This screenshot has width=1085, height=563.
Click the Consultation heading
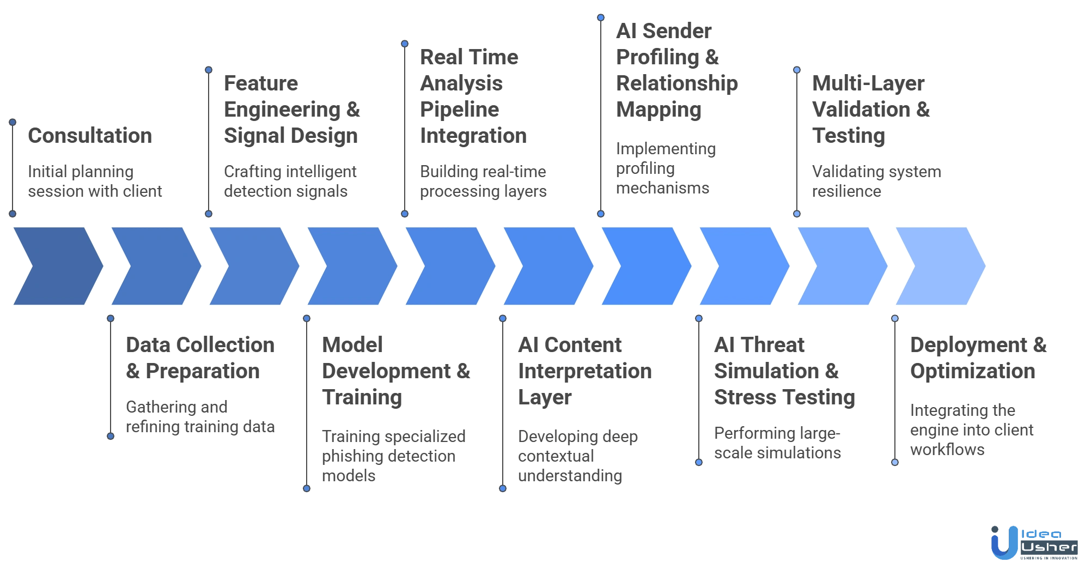click(x=89, y=136)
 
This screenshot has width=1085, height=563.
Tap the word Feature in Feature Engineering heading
click(x=261, y=84)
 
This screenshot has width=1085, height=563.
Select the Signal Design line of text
click(x=289, y=136)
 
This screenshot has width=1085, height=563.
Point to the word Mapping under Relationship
click(x=657, y=110)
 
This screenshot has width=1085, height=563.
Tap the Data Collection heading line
click(x=200, y=345)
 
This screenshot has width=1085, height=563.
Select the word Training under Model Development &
click(x=363, y=397)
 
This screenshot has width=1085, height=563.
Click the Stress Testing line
click(x=786, y=397)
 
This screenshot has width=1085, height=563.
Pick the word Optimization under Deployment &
click(x=973, y=371)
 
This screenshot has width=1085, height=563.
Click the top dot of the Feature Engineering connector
click(x=209, y=70)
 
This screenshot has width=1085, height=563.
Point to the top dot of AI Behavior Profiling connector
click(x=601, y=17)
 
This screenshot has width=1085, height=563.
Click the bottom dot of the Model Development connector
click(x=307, y=488)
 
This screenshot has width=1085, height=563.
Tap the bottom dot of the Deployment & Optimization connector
click(x=894, y=462)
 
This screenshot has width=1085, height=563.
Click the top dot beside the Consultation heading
click(x=13, y=122)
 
